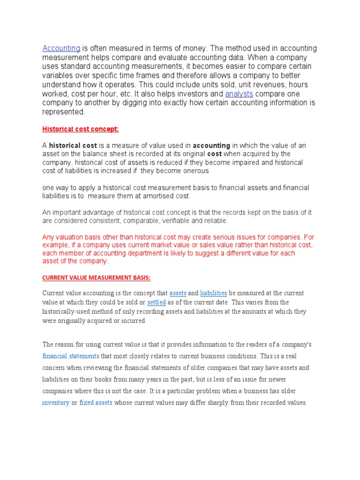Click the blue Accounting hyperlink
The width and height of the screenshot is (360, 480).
point(61,48)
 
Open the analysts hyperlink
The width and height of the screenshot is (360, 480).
point(239,94)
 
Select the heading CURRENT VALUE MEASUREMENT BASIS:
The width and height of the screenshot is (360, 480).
point(96,278)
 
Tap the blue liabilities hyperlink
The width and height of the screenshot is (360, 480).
point(213,293)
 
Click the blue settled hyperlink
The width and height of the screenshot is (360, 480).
point(157,302)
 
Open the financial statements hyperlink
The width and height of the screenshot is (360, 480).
point(71,356)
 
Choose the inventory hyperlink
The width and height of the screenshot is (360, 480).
point(56,403)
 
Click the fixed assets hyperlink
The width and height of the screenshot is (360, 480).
point(96,403)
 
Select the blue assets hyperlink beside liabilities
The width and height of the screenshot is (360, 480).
point(178,293)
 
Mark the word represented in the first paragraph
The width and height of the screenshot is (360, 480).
point(64,112)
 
